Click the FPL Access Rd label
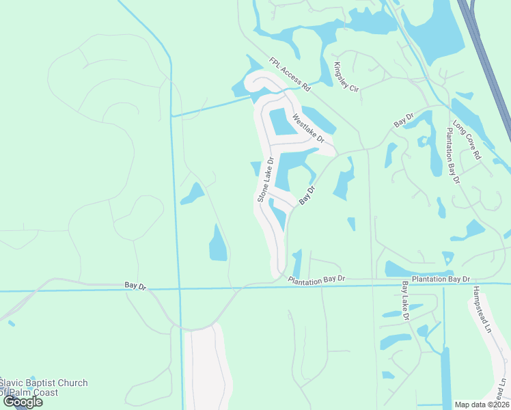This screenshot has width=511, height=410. (290, 74)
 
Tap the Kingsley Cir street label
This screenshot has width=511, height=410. (346, 77)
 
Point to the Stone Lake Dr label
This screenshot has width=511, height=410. (265, 180)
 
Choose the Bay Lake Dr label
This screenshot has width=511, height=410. (405, 301)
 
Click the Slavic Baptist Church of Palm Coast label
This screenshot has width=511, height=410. (44, 387)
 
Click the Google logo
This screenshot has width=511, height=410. (23, 402)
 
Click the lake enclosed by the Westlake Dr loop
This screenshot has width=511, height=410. (281, 122)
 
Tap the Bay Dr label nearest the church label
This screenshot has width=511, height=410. (136, 285)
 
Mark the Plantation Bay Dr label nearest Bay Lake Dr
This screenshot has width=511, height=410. (441, 279)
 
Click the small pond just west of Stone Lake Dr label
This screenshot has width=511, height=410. (255, 168)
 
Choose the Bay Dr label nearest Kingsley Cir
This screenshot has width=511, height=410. (404, 120)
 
